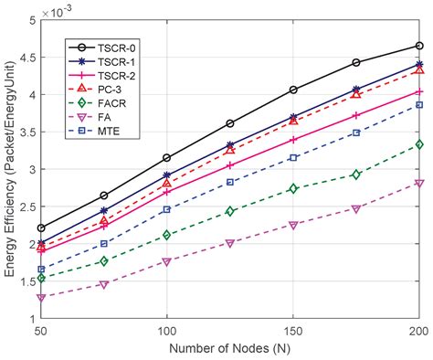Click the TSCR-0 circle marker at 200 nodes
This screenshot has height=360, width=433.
(x=419, y=45)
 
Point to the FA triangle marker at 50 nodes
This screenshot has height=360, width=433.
(x=41, y=298)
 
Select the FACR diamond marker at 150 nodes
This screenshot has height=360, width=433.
(x=293, y=188)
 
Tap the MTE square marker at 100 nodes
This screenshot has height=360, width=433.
(x=167, y=209)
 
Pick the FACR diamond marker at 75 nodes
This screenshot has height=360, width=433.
(x=104, y=261)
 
